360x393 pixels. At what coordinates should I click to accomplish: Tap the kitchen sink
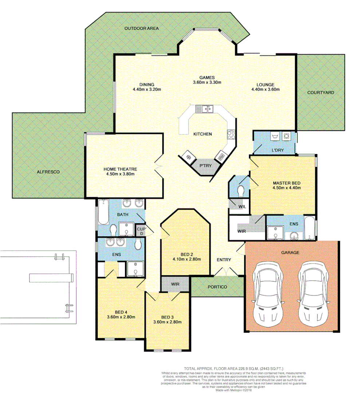click(203, 108)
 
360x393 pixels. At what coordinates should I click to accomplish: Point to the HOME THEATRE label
click(120, 169)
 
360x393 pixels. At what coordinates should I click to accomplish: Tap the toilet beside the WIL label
click(241, 190)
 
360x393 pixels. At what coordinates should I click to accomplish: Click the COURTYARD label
click(320, 92)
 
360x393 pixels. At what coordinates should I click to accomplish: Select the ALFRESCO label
click(48, 171)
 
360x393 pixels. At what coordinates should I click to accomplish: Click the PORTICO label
click(218, 287)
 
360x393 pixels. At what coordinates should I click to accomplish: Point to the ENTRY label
click(223, 259)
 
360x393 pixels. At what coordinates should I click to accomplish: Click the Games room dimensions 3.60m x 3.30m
click(207, 82)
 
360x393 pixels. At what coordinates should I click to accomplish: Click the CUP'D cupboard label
click(141, 230)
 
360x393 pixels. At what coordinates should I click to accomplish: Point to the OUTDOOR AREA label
click(141, 28)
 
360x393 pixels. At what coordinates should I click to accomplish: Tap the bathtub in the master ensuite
click(309, 228)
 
